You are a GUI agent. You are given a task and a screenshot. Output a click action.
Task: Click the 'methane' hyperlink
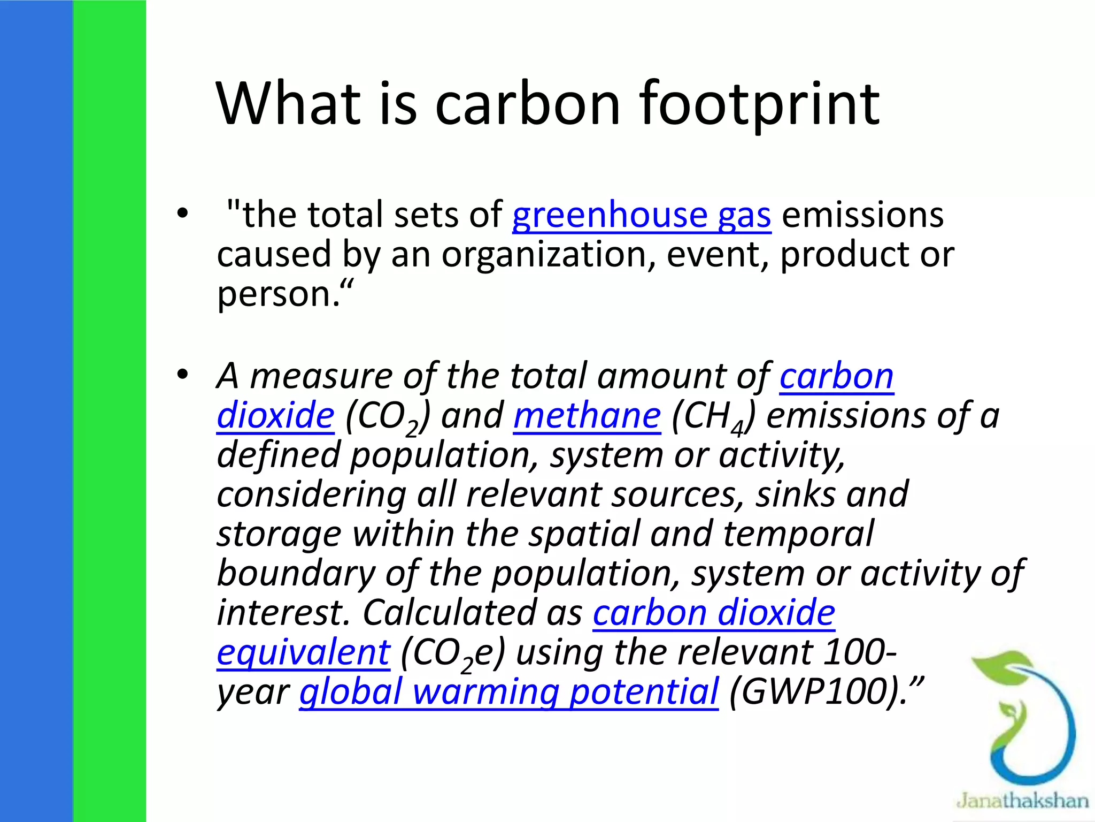point(587,416)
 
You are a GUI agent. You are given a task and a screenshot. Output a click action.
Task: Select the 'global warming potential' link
point(508,691)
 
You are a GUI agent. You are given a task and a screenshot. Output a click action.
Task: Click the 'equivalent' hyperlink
point(303,652)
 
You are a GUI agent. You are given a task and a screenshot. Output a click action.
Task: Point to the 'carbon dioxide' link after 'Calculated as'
point(714,613)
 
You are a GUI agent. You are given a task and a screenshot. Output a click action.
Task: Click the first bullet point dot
point(183,214)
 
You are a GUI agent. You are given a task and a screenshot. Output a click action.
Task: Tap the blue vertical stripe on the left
point(36,411)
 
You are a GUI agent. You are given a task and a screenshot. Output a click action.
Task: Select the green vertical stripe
point(109,411)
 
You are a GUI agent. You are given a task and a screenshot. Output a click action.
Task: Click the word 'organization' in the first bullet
point(548,255)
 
